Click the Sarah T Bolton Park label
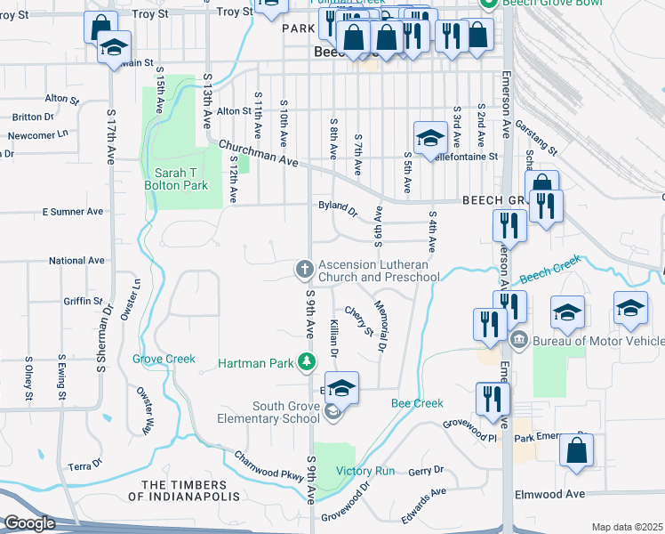176,179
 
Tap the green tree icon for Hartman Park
306,361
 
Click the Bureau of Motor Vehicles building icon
519,340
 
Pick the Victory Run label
365,471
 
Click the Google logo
29,523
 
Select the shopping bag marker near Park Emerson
576,451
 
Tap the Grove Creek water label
164,360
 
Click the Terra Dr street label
86,466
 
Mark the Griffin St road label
84,301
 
